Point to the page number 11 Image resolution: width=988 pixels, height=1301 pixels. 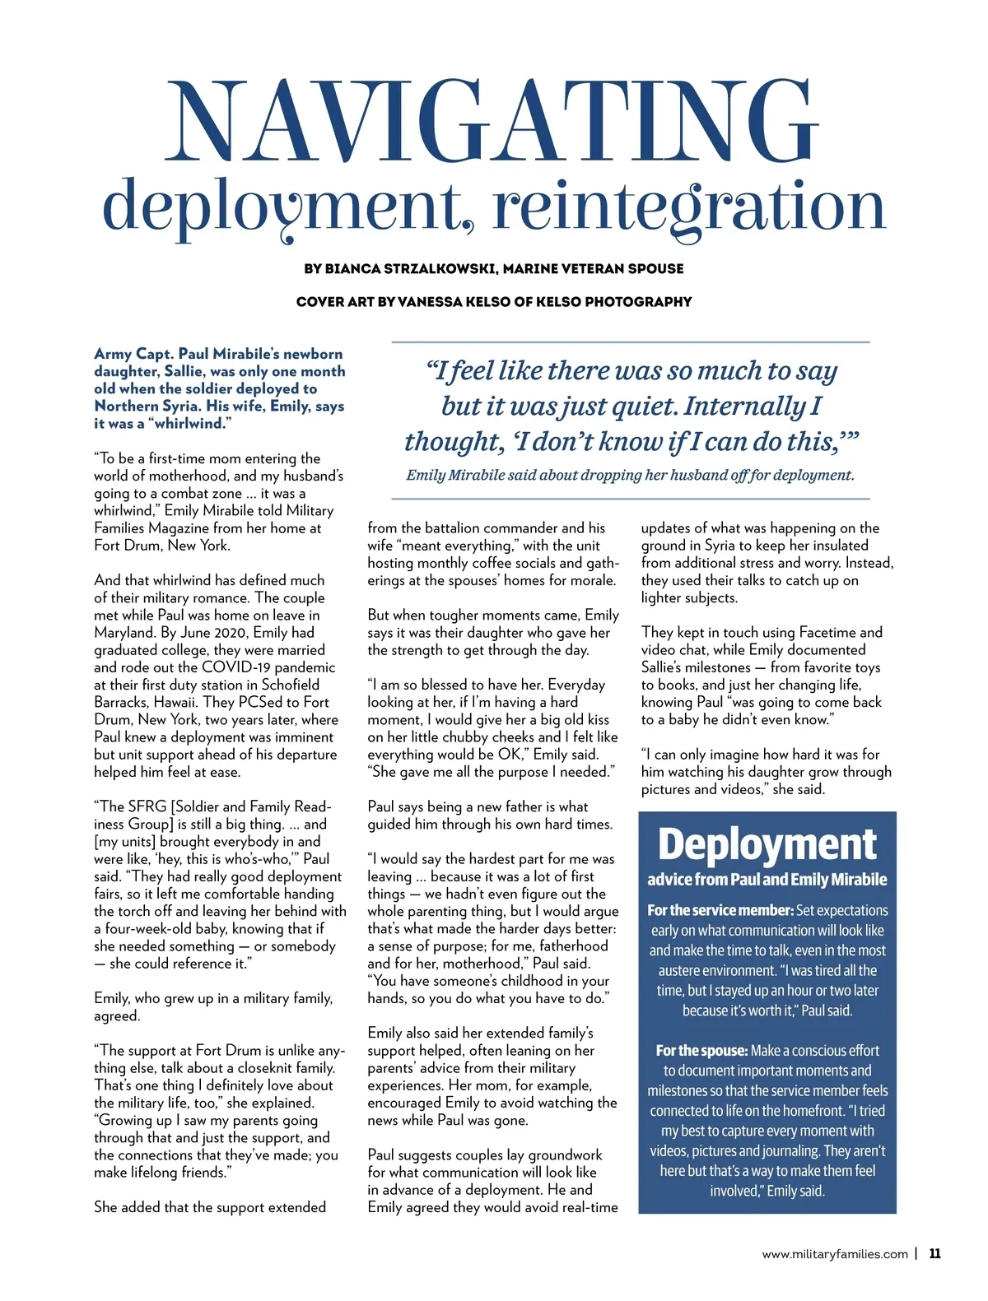(934, 1254)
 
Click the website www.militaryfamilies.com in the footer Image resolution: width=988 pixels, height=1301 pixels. (834, 1255)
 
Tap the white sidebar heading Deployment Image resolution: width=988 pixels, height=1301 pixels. (767, 845)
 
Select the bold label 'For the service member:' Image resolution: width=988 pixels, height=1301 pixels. (720, 910)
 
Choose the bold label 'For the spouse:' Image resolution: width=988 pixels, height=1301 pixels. (701, 1051)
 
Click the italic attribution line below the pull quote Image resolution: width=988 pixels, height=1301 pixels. (630, 475)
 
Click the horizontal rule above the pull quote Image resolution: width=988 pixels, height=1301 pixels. (630, 342)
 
